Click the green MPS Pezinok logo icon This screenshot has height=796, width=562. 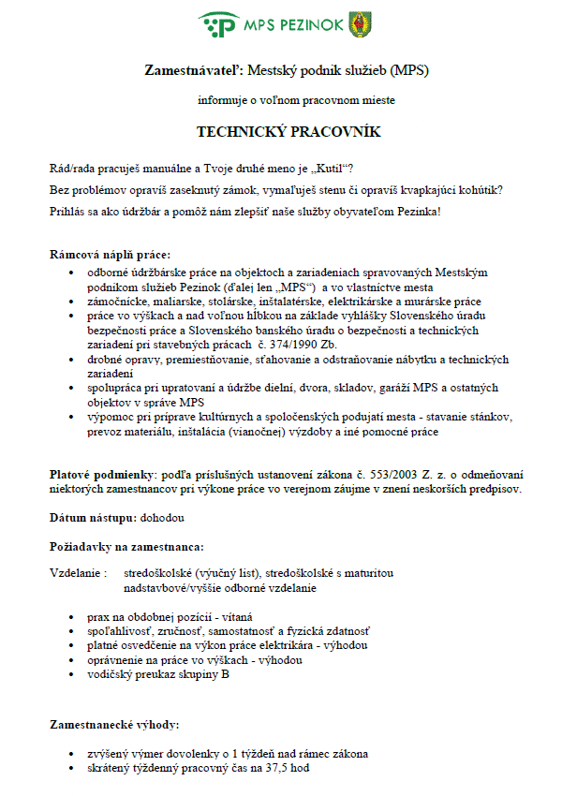pyautogui.click(x=218, y=25)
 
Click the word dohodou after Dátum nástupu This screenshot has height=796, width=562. pyautogui.click(x=163, y=517)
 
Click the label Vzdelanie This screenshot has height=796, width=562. pyautogui.click(x=76, y=572)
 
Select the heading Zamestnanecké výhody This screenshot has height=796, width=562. pyautogui.click(x=113, y=725)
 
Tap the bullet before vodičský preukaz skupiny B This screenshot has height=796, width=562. pyautogui.click(x=73, y=674)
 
